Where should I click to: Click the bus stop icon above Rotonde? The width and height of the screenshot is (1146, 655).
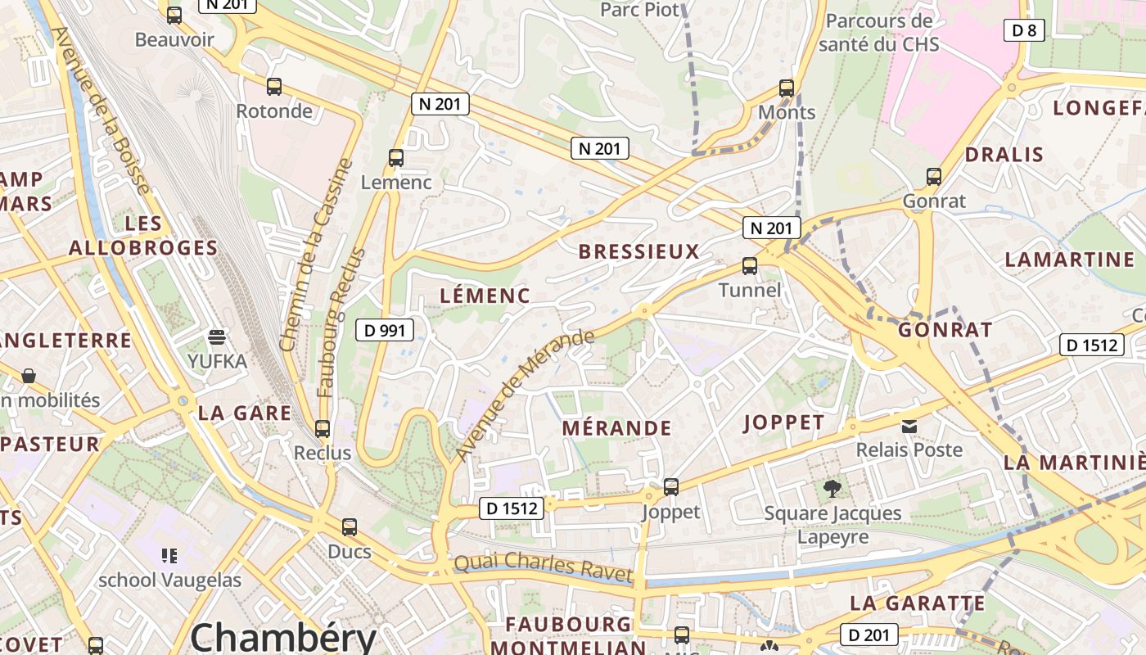point(274,87)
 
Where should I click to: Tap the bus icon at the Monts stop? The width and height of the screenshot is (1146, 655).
point(787,88)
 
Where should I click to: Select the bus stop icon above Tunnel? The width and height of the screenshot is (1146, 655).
point(750,266)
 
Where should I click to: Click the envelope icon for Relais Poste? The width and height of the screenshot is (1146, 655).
point(909,426)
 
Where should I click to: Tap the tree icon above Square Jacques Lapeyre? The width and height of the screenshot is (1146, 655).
point(832,489)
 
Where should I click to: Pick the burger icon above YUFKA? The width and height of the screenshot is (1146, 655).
point(217,337)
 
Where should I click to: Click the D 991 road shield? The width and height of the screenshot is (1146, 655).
point(385,331)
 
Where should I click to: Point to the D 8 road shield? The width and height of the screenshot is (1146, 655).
point(1024,31)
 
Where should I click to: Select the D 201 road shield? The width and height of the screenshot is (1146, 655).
point(869,635)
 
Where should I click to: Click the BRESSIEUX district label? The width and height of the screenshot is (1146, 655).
point(639,252)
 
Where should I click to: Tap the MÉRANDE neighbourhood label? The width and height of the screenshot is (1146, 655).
point(616,428)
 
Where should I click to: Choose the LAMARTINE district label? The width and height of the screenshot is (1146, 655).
point(1069,260)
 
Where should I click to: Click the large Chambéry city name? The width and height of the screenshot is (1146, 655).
point(283,637)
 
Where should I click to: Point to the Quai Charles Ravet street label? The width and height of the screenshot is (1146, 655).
point(544,567)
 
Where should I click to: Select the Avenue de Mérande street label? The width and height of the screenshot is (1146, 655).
point(525,394)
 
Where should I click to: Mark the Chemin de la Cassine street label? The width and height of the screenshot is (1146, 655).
point(315,255)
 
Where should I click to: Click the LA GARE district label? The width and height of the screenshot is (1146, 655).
point(245,413)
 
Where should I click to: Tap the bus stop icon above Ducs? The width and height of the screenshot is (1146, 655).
point(350,527)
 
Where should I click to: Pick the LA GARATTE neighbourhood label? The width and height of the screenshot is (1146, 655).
point(917,604)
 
